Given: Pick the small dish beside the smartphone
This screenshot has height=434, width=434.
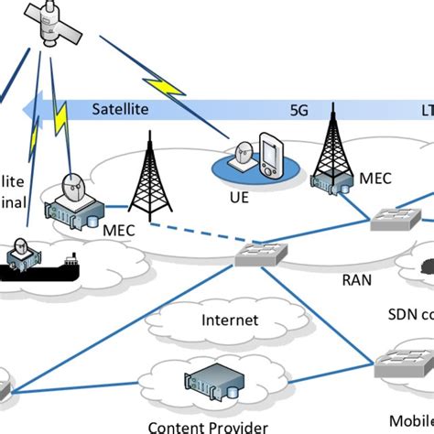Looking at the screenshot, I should [244, 157].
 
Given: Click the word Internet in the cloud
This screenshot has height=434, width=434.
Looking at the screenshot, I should [229, 320].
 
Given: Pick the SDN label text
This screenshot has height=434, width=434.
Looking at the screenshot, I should [403, 315].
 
